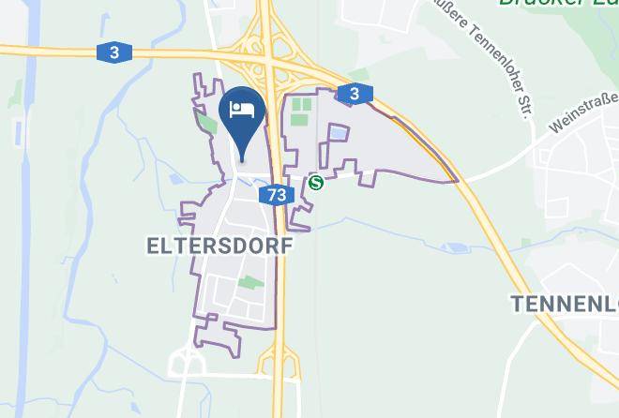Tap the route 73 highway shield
pyautogui.click(x=276, y=195)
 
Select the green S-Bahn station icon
pyautogui.click(x=316, y=184)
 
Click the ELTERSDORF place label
pyautogui.click(x=219, y=246)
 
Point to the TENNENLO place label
pyautogui.click(x=564, y=303)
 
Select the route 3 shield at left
pyautogui.click(x=113, y=53)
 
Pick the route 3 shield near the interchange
pyautogui.click(x=354, y=94)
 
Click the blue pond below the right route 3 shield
pyautogui.click(x=337, y=133)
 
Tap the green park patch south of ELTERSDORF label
pyautogui.click(x=249, y=282)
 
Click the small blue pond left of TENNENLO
pyautogui.click(x=457, y=248)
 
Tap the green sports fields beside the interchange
pyautogui.click(x=301, y=112)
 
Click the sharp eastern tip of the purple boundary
pyautogui.click(x=458, y=181)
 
